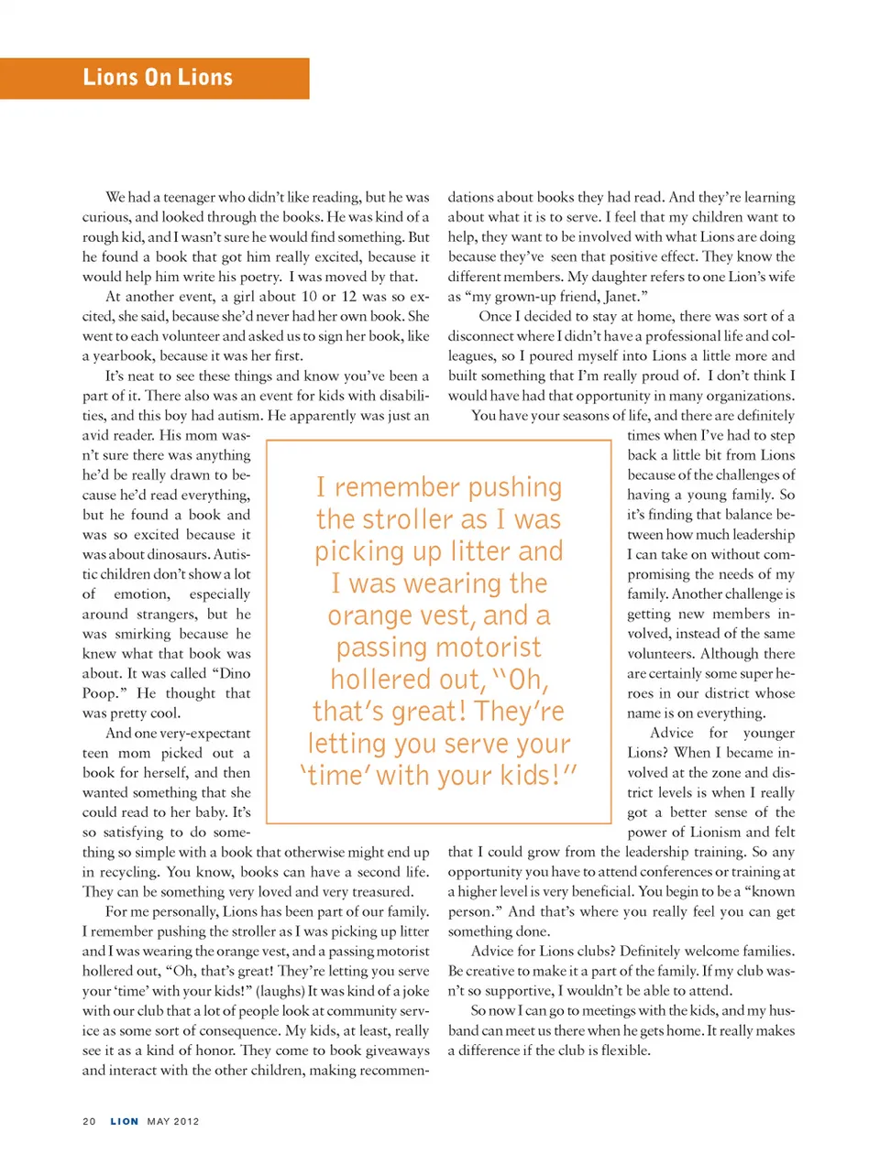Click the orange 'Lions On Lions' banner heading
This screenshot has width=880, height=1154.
[x=158, y=78]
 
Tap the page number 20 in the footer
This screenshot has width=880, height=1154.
[x=89, y=1121]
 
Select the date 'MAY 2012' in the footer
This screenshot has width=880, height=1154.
[x=173, y=1121]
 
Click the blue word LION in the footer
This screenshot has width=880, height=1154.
[x=125, y=1121]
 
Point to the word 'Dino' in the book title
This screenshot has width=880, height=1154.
[x=235, y=673]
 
